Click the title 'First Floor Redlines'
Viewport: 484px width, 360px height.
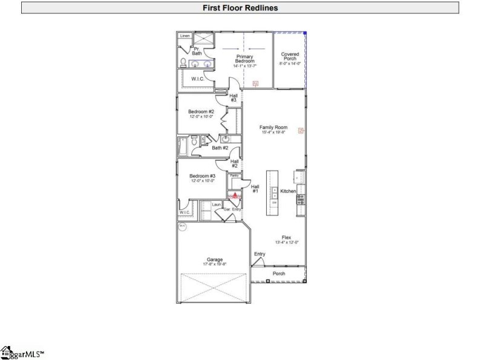[240, 8]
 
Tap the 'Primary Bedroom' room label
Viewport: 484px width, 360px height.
[244, 59]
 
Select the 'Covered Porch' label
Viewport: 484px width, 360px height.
[290, 56]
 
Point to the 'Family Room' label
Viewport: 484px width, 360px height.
[273, 128]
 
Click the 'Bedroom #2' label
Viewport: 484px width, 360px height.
[201, 112]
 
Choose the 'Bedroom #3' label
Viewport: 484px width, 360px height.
[201, 176]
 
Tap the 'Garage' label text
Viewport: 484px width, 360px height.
[214, 260]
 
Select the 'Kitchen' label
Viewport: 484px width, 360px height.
[288, 191]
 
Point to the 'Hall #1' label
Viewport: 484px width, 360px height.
[255, 189]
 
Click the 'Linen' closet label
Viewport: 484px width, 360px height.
[185, 36]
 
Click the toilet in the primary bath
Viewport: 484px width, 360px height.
[183, 62]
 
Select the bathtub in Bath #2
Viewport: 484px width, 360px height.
[183, 146]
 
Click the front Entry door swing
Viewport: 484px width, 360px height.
[258, 261]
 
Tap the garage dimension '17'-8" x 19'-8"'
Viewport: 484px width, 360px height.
[214, 264]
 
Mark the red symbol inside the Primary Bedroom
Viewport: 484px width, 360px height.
[255, 83]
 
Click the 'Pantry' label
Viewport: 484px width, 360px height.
[234, 175]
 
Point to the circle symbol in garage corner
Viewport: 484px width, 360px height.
[182, 227]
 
